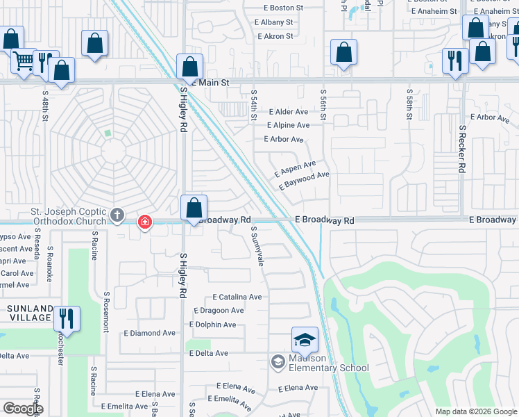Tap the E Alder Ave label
[287, 111]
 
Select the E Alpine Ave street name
[288, 125]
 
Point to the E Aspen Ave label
[295, 168]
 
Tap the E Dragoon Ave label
[219, 311]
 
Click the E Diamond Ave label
[151, 333]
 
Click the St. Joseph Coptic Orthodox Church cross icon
[117, 216]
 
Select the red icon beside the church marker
[144, 222]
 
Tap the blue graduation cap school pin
[305, 340]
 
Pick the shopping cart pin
[23, 62]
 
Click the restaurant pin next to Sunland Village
[67, 318]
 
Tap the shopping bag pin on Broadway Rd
[194, 207]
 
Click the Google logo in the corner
[23, 409]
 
